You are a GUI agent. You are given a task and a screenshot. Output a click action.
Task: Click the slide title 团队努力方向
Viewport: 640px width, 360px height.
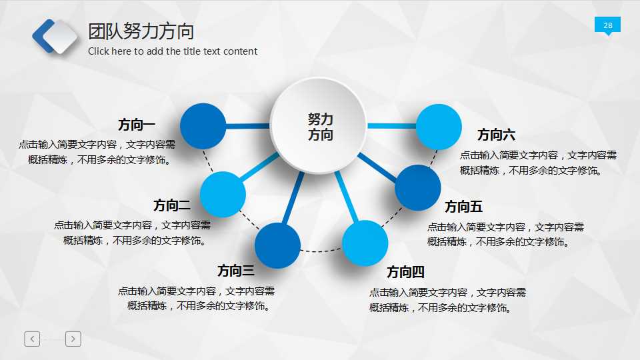tap(141, 31)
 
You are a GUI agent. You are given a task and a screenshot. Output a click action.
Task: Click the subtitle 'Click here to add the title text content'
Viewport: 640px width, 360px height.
tap(172, 51)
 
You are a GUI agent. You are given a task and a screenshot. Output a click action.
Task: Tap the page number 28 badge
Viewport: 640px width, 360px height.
tap(607, 25)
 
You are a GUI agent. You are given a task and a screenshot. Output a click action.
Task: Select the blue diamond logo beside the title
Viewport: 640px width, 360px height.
tap(55, 36)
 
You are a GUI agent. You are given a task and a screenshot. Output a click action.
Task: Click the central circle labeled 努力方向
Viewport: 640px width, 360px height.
tap(319, 126)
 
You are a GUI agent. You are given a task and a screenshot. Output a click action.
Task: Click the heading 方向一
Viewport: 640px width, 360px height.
tap(136, 125)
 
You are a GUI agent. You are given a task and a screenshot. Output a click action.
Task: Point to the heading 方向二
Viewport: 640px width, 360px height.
tap(171, 205)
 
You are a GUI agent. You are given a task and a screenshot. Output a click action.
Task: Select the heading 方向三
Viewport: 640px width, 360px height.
tap(235, 271)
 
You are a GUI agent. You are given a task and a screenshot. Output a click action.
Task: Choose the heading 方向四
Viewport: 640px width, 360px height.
tap(405, 272)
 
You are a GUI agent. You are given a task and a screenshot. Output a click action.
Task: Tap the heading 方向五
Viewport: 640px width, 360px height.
tap(463, 207)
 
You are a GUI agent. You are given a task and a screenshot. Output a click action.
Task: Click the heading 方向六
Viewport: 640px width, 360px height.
tap(496, 135)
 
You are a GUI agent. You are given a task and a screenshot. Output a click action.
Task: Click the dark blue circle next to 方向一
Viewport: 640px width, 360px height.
tap(203, 126)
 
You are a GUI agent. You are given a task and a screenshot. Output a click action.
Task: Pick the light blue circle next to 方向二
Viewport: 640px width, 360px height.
tap(223, 194)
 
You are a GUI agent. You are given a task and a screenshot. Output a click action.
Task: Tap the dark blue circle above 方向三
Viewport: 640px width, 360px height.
tap(277, 245)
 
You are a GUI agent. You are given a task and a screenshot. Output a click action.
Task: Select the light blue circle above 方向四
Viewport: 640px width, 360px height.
tap(365, 243)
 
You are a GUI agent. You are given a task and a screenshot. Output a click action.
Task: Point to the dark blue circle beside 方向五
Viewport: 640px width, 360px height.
tap(418, 188)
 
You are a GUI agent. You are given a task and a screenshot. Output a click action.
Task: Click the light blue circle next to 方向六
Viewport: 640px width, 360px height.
tap(439, 127)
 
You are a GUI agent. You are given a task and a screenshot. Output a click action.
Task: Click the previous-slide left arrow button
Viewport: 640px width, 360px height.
tap(32, 339)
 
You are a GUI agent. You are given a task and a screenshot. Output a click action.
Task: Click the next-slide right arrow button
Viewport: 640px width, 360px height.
tap(73, 339)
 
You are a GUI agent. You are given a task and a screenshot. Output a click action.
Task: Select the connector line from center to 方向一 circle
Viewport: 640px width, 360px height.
tap(248, 126)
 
